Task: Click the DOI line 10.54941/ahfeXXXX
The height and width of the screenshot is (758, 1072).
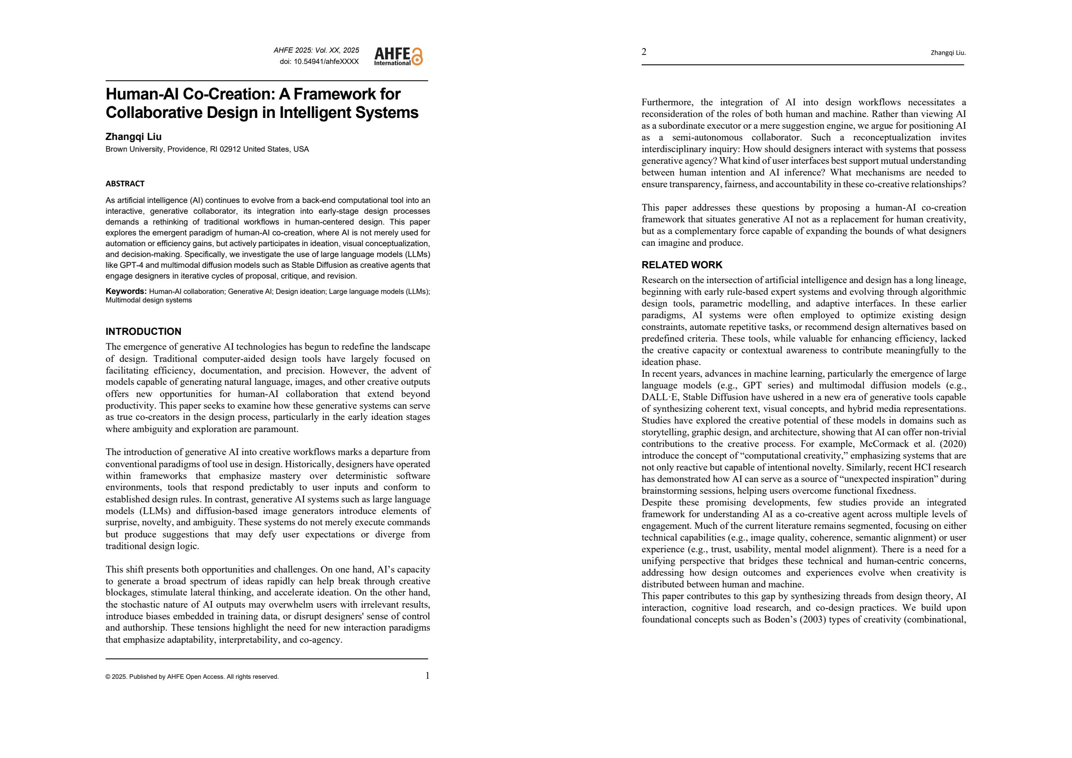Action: [319, 62]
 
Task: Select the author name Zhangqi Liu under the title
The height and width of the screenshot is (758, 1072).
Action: [134, 136]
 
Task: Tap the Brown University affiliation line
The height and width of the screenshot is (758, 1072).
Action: [207, 149]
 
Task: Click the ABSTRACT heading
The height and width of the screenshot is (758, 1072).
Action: [125, 184]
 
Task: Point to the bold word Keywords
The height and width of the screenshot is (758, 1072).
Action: [126, 291]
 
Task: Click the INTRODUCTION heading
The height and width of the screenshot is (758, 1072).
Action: [143, 332]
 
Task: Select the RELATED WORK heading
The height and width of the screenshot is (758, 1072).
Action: [682, 265]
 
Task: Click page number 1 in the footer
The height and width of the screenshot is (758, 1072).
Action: [427, 675]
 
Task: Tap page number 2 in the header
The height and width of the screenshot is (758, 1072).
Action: [644, 52]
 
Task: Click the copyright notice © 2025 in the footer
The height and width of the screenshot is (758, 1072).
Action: [192, 677]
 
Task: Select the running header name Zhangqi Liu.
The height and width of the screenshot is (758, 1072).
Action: [948, 53]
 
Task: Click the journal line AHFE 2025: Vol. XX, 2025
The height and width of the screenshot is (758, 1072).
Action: [316, 50]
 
